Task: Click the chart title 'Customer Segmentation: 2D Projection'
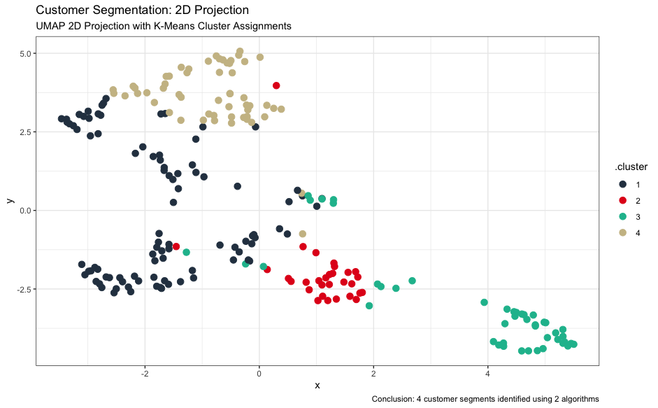pos(142,10)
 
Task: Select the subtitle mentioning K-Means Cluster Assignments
pos(164,26)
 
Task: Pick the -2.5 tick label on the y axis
pos(24,290)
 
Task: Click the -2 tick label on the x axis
pos(145,374)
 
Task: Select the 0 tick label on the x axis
pos(259,374)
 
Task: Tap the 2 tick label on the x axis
pos(373,374)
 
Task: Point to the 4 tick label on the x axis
pos(487,374)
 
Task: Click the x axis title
pos(317,386)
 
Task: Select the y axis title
pos(10,201)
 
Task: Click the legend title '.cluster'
pos(631,167)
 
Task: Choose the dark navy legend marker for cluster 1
pos(623,184)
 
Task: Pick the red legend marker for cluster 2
pos(623,200)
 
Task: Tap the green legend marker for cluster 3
pos(623,216)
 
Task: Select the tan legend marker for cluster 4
pos(623,232)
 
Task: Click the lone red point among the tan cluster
pos(276,85)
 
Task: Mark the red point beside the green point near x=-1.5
pos(176,246)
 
